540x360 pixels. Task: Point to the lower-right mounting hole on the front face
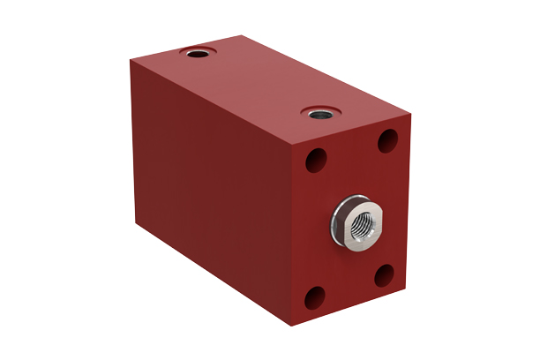click(386, 275)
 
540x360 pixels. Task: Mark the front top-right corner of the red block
click(411, 115)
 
